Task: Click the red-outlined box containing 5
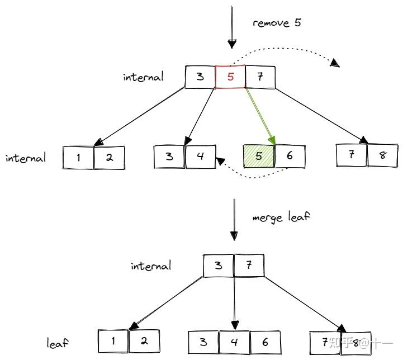coord(230,77)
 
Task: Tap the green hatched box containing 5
coord(259,156)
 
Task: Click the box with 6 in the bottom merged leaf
coord(264,342)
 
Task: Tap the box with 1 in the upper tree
coord(78,158)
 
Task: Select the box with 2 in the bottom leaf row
coord(144,340)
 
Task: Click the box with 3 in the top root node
coord(200,77)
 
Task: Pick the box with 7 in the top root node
coord(260,77)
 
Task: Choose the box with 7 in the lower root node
coord(248,264)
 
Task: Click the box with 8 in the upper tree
coord(382,155)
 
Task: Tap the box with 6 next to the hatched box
coord(290,156)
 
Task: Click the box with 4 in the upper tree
coord(200,156)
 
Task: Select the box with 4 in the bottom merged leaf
coord(234,342)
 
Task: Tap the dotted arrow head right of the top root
coord(335,63)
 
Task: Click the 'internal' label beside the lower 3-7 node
coord(151,266)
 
